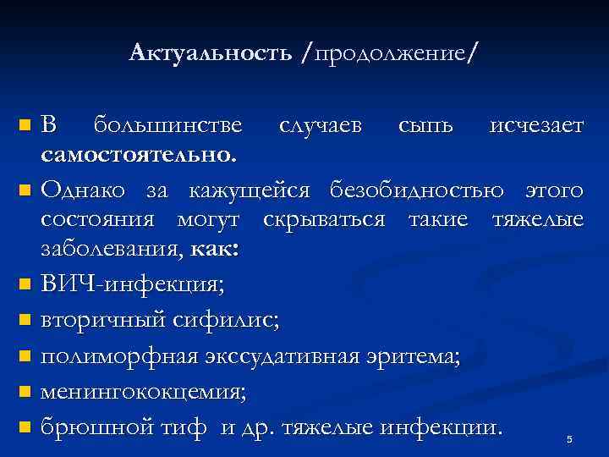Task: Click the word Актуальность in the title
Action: pyautogui.click(x=211, y=54)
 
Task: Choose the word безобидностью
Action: pyautogui.click(x=437, y=187)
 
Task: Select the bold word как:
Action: pyautogui.click(x=217, y=249)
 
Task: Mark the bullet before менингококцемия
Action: pyautogui.click(x=25, y=392)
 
